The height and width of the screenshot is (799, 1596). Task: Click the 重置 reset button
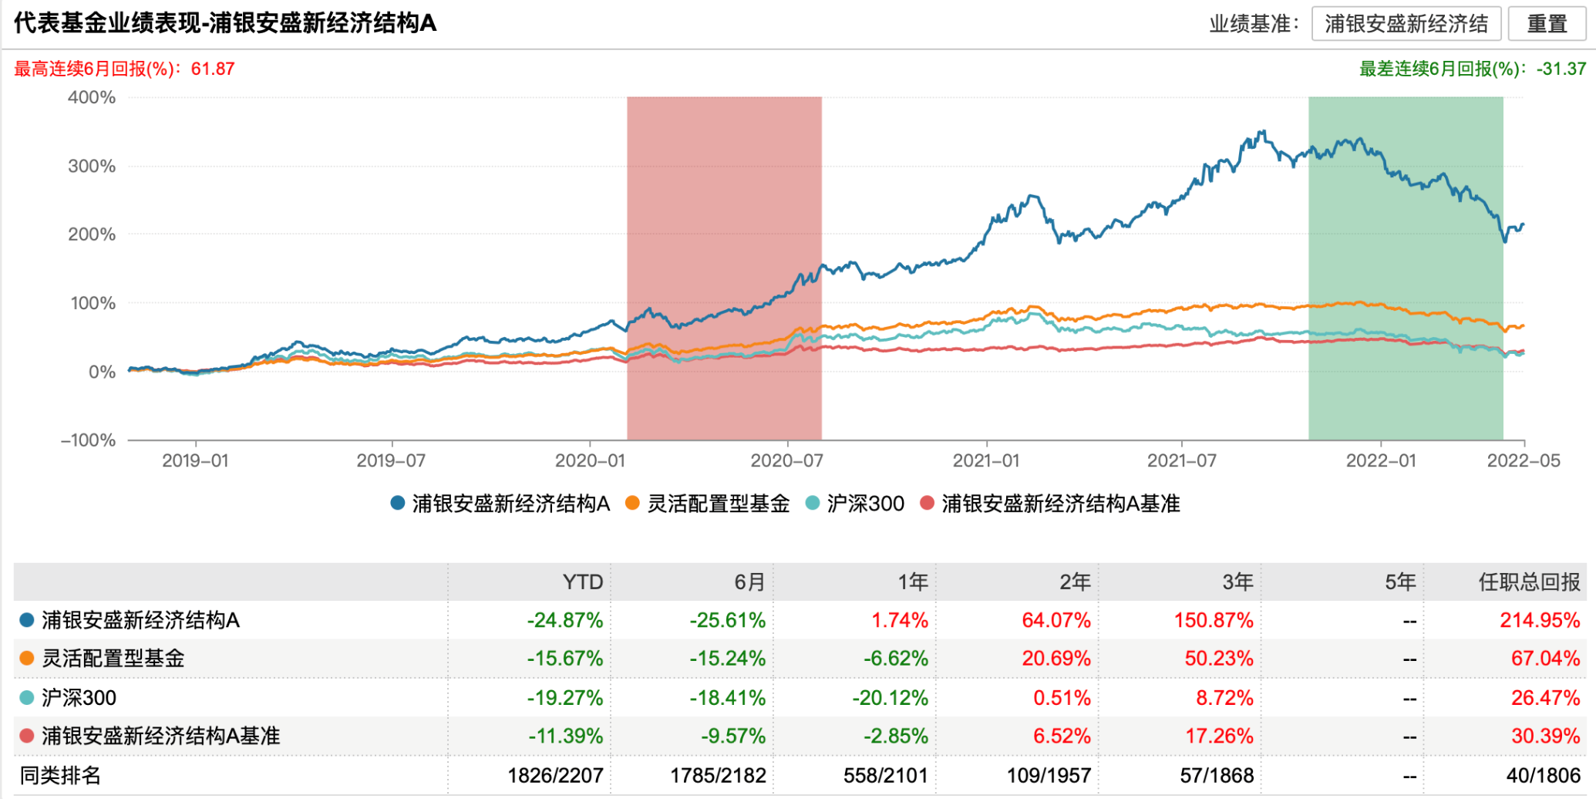pos(1547,24)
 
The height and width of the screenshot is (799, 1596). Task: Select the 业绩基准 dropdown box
pos(1406,24)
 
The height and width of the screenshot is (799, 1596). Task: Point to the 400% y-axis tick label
pos(92,98)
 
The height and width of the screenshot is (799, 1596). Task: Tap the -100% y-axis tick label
pos(89,440)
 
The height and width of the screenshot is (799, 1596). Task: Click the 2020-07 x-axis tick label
pos(786,461)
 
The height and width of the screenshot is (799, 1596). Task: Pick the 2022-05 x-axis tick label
pos(1523,461)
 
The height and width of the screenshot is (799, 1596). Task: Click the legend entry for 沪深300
pos(855,504)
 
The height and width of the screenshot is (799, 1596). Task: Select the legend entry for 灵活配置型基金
pos(709,504)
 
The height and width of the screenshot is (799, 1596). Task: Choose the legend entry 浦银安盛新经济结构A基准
pos(1051,504)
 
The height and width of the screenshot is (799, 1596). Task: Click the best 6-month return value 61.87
pos(213,69)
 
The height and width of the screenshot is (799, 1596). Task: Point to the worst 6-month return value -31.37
pos(1561,69)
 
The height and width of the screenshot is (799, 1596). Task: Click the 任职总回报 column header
pos(1529,582)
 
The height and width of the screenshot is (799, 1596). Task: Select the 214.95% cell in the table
pos(1539,621)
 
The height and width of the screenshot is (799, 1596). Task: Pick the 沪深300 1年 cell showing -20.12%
pos(890,698)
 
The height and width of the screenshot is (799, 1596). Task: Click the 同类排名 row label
pos(60,775)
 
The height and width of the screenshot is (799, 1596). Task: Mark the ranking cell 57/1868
pos(1217,775)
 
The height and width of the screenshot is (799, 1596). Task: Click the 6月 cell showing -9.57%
pos(732,737)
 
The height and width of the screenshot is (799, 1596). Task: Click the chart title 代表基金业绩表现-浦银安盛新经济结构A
pos(225,24)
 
